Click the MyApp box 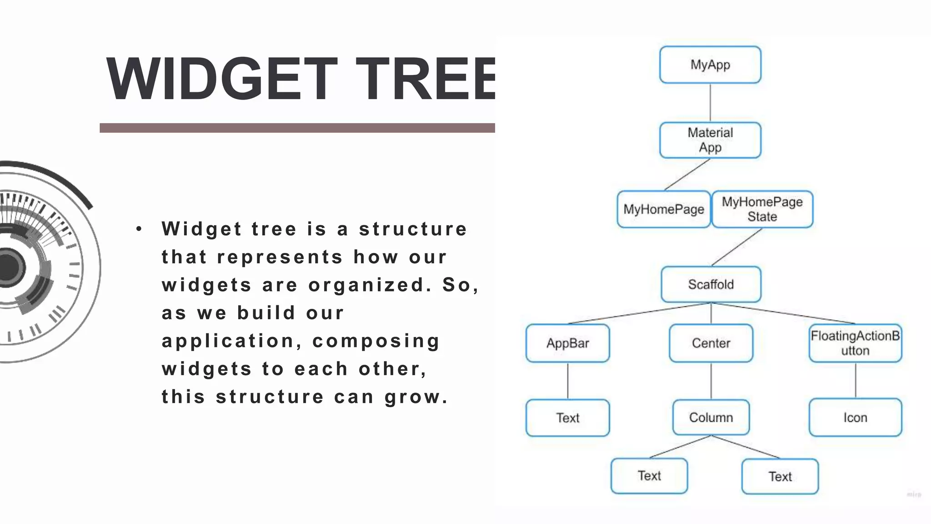710,65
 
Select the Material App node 710,140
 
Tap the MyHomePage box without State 663,209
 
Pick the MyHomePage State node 762,209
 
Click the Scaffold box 711,284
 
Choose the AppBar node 567,343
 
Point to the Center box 711,343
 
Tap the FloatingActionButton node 855,343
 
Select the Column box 711,417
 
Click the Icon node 855,417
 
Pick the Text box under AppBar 567,418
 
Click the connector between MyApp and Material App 710,103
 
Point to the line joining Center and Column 711,381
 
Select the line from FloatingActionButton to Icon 856,380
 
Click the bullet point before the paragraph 139,229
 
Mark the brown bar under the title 297,128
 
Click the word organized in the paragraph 370,285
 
